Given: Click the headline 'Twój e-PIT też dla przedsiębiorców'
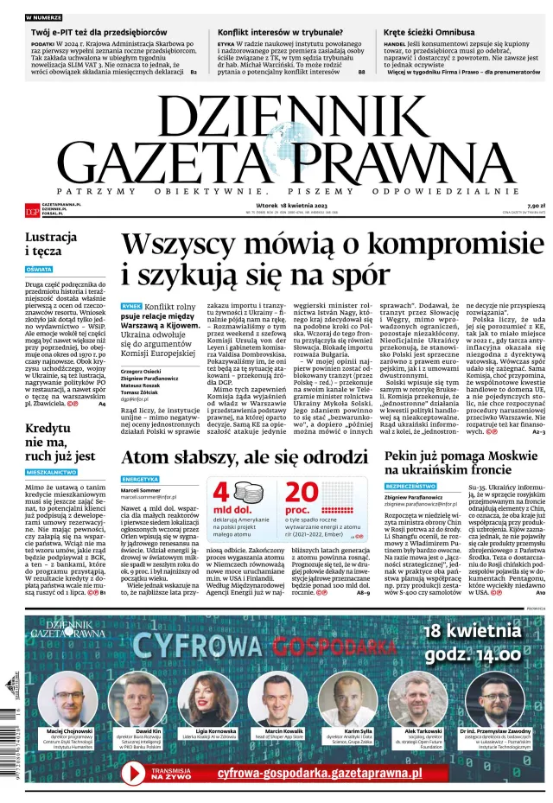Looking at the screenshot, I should click(99, 32).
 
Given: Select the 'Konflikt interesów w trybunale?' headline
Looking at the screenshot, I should click(273, 32).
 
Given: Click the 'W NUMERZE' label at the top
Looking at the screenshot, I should click(42, 17).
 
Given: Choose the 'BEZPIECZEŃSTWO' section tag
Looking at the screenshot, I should click(410, 487).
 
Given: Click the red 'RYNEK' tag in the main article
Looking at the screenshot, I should click(130, 307).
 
